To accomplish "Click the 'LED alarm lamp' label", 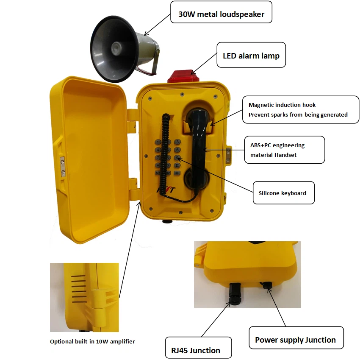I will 251,56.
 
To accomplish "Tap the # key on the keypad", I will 177,165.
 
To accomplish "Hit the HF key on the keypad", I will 177,173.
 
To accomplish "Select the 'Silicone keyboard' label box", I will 283,193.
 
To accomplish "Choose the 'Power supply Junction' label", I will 295,340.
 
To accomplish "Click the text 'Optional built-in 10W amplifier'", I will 92,341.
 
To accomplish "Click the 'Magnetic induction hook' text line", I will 282,105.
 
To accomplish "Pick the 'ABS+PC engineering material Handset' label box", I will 285,150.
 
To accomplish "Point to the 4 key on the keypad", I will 158,150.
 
